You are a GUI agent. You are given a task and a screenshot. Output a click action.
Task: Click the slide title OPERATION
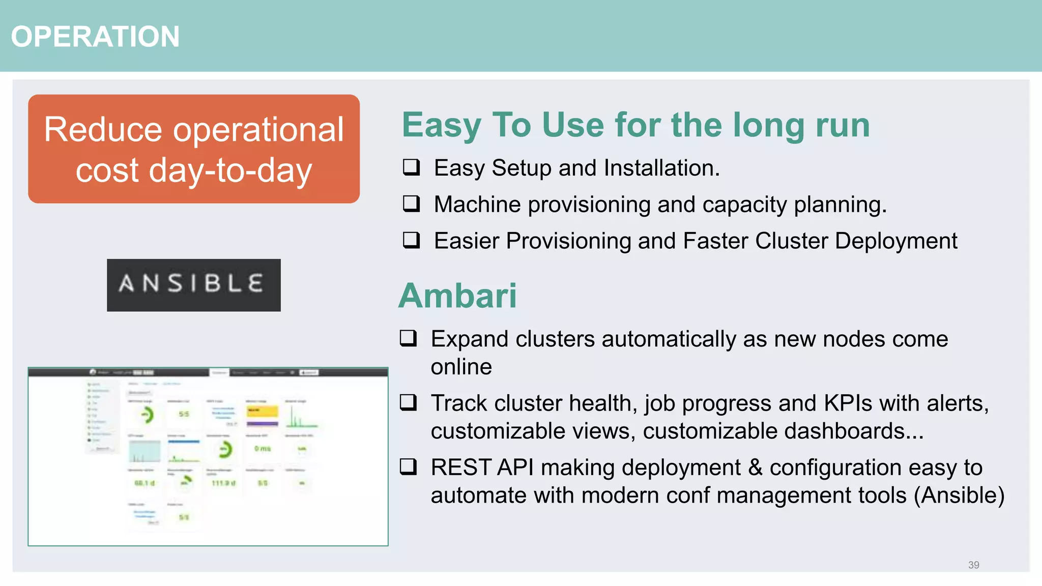click(x=95, y=37)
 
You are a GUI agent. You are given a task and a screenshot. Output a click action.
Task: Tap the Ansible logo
click(x=193, y=285)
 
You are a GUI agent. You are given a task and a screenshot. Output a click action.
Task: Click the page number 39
click(x=973, y=565)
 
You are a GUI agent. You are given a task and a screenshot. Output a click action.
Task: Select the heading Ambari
click(x=457, y=296)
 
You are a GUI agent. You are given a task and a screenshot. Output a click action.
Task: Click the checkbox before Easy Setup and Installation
click(x=411, y=167)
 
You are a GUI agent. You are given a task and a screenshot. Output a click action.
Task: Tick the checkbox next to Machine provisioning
click(x=411, y=203)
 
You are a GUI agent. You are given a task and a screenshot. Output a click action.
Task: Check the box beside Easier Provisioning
click(x=411, y=240)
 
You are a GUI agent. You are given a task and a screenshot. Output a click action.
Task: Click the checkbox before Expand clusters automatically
click(x=408, y=338)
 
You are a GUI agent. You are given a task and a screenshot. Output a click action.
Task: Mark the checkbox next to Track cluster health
click(x=408, y=402)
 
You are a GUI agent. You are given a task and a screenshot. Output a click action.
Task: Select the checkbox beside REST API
click(x=408, y=466)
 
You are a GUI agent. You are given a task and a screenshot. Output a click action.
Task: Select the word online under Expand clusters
click(x=461, y=367)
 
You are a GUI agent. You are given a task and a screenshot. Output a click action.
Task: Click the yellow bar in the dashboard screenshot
click(x=262, y=411)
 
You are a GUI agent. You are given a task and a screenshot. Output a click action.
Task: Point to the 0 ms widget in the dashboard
click(x=263, y=449)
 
